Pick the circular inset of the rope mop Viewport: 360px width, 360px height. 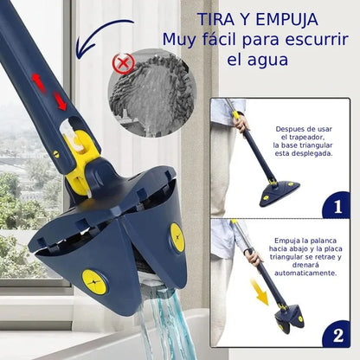pyautogui.click(x=147, y=89)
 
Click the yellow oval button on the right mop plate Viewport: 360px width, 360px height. pyautogui.click(x=176, y=237)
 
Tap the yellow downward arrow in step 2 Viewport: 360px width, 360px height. pyautogui.click(x=259, y=289)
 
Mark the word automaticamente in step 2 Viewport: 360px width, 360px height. pyautogui.click(x=304, y=273)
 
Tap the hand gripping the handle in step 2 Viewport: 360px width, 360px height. pyautogui.click(x=252, y=257)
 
